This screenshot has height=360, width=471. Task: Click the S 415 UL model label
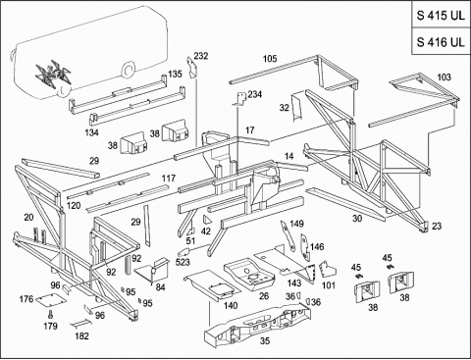tap(441, 15)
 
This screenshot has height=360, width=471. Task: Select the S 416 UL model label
tap(441, 42)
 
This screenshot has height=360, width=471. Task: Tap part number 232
tap(201, 56)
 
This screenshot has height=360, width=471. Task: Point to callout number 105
tap(270, 59)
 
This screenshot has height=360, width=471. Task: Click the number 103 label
tap(444, 77)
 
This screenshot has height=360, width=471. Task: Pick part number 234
tap(255, 94)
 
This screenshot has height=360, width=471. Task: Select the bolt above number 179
tap(50, 314)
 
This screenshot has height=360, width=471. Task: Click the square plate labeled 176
tap(51, 299)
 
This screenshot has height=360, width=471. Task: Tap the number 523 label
tap(183, 262)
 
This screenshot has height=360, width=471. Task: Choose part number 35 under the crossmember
tap(265, 340)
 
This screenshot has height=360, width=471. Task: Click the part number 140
tap(231, 306)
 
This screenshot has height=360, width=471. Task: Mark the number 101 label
tap(329, 285)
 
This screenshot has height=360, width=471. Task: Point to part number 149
tap(296, 224)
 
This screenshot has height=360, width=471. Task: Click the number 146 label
tap(317, 247)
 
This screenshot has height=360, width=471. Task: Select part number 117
tap(169, 179)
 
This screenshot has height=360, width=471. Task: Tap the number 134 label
tap(91, 132)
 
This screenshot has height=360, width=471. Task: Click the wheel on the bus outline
tap(129, 71)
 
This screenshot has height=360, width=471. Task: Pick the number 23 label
tap(437, 226)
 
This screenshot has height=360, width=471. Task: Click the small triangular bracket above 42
tap(206, 220)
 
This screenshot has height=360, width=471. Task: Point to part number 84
tap(160, 287)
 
